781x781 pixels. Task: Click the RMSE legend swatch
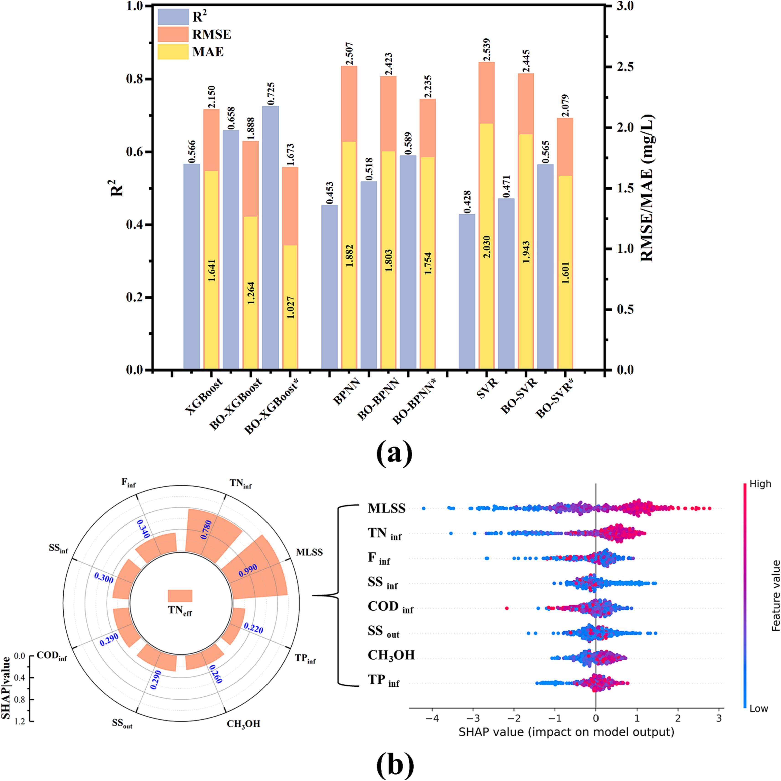point(173,34)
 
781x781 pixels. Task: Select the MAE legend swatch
point(173,52)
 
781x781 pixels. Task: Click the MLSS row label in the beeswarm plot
point(386,509)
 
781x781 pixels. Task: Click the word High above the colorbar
point(760,484)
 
